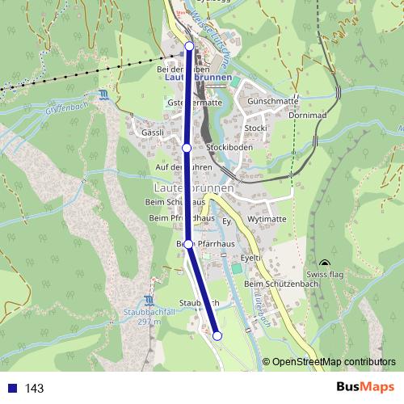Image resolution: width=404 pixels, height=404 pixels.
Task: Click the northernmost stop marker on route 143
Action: pyautogui.click(x=190, y=46)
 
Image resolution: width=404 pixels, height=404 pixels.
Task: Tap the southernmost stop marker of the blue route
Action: pyautogui.click(x=217, y=335)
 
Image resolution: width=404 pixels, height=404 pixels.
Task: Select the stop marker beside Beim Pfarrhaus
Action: pyautogui.click(x=188, y=243)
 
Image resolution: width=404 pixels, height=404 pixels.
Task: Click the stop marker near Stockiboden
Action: pyautogui.click(x=187, y=148)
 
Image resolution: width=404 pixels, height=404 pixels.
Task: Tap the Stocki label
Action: pyautogui.click(x=255, y=128)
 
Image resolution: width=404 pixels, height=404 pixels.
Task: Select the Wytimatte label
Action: pyautogui.click(x=267, y=219)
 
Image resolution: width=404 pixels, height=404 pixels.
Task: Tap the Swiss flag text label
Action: pyautogui.click(x=326, y=275)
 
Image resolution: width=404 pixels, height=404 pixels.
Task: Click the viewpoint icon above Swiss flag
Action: pyautogui.click(x=325, y=263)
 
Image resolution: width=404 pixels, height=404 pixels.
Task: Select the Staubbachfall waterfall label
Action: pyautogui.click(x=145, y=317)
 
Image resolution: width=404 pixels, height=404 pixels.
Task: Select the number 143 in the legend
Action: pyautogui.click(x=34, y=389)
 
